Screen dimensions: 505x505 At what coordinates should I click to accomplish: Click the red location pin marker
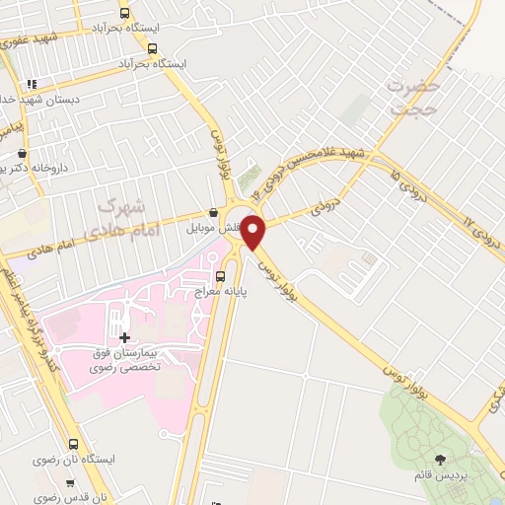click(x=253, y=232)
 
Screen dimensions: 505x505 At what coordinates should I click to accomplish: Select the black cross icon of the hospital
click(x=124, y=338)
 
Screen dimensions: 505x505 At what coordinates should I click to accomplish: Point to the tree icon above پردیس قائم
click(x=440, y=459)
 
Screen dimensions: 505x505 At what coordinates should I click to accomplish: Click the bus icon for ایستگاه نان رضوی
click(x=73, y=445)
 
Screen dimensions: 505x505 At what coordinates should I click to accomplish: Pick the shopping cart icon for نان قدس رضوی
click(x=69, y=483)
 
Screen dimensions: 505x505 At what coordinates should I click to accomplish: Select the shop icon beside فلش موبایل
click(x=212, y=212)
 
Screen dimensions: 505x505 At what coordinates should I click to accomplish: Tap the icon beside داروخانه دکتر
click(x=23, y=153)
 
